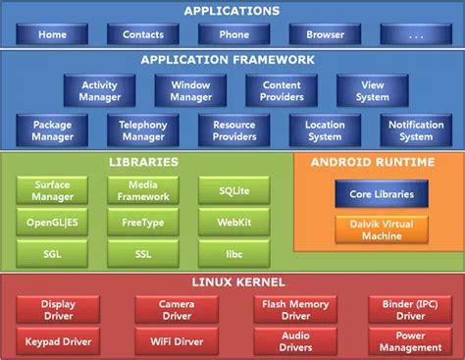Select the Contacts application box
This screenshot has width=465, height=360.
[x=143, y=34]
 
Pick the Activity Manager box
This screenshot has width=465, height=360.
[x=100, y=91]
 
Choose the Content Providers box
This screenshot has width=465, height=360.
[x=281, y=91]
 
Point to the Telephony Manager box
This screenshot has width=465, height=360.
[x=143, y=130]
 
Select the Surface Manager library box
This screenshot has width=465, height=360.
[x=52, y=189]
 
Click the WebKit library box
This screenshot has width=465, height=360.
[x=233, y=222]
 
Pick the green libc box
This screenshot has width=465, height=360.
[x=233, y=254]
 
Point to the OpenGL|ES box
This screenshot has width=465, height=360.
[x=52, y=222]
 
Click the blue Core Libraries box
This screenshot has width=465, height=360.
[x=381, y=194]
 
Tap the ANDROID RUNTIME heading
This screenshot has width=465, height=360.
[x=372, y=162]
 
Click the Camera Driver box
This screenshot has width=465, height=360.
[x=177, y=310]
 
